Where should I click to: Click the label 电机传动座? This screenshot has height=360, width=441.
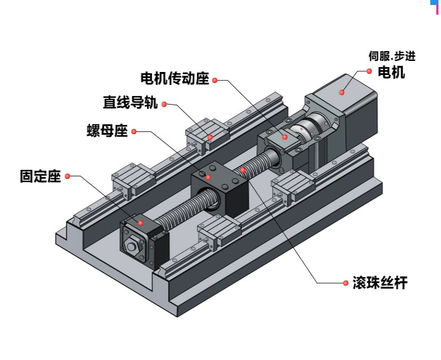[175, 79]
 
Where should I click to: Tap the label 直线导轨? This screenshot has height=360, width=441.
[130, 103]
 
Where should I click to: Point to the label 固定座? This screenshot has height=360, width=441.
[41, 176]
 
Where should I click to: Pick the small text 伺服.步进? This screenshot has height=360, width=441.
[392, 57]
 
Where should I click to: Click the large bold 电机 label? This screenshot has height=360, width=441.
[391, 73]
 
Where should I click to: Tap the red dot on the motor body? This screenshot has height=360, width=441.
[341, 92]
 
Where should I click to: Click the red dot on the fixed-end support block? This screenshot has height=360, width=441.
[140, 222]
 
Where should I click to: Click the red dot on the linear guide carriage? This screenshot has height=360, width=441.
[210, 136]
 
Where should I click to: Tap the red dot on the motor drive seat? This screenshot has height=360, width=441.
[285, 137]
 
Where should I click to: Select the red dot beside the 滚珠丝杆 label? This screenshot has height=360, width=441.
[344, 283]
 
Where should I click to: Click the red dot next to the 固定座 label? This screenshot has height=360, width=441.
[67, 176]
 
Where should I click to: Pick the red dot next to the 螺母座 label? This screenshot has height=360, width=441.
[132, 131]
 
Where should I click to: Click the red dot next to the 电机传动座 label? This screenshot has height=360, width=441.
[215, 79]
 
